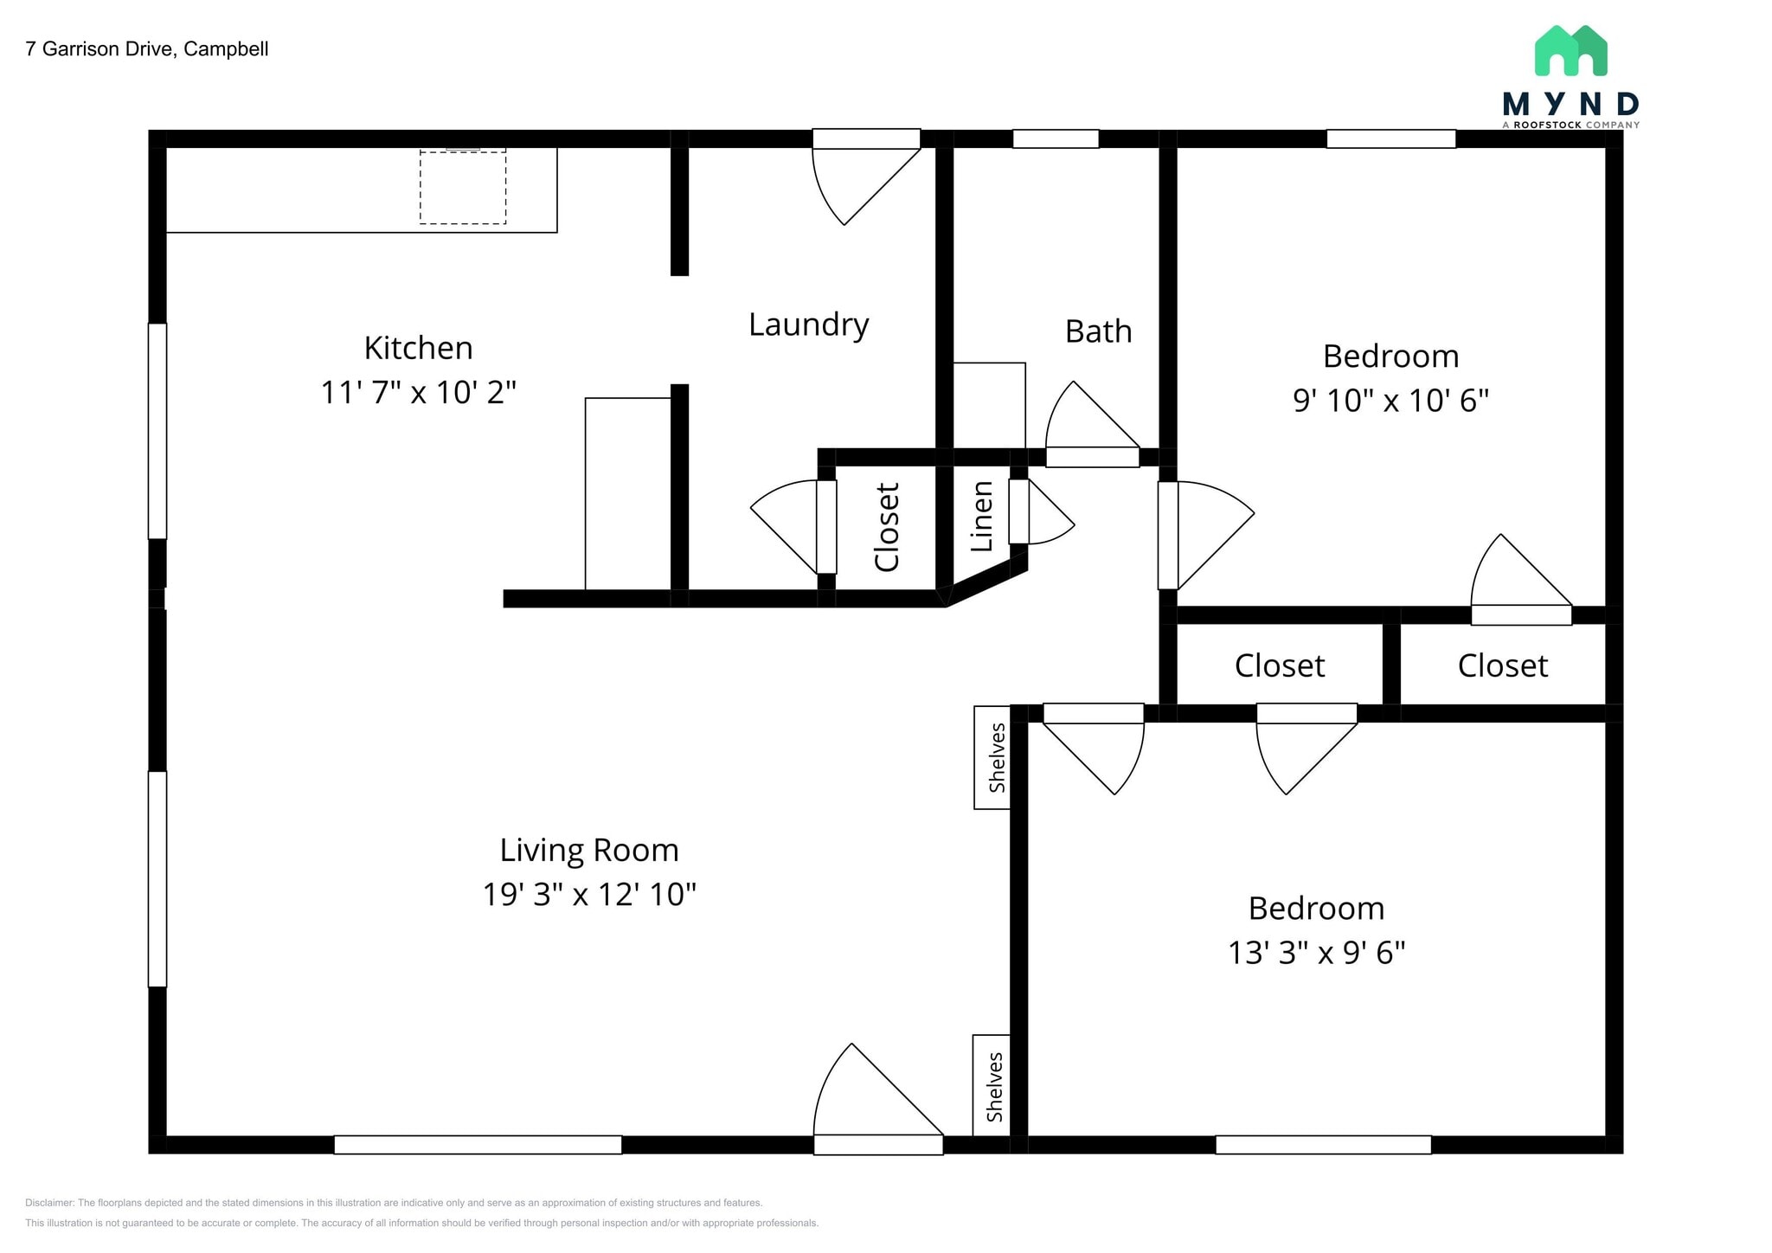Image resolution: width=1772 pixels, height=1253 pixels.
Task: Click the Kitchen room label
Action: (418, 348)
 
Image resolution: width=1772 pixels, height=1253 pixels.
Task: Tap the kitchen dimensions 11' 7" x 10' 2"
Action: (418, 393)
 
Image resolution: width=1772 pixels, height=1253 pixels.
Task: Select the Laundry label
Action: (808, 324)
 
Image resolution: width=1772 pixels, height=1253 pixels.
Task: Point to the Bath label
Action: (1098, 331)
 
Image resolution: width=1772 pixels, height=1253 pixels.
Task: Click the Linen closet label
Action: (981, 517)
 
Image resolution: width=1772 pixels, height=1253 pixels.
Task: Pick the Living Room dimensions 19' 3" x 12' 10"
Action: (588, 895)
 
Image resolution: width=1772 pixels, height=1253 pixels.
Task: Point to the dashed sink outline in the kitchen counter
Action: (463, 188)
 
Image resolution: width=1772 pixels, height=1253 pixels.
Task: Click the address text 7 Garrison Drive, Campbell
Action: (147, 49)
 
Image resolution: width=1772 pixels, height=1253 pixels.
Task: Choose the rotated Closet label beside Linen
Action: (887, 527)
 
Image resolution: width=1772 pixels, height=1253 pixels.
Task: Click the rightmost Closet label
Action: (1502, 666)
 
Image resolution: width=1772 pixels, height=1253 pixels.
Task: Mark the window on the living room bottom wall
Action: (478, 1145)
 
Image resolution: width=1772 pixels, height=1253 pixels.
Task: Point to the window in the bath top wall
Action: (1056, 139)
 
